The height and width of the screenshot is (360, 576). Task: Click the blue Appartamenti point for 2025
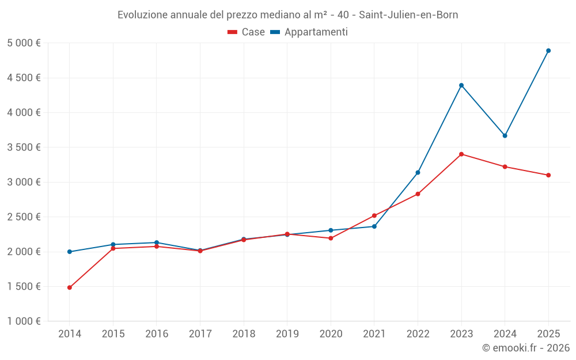tap(548, 51)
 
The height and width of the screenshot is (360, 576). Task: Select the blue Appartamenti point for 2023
tap(461, 85)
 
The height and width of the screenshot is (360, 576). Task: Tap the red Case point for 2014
tap(70, 287)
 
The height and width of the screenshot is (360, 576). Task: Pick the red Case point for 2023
tap(461, 154)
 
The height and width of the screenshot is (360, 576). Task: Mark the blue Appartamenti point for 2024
tap(505, 136)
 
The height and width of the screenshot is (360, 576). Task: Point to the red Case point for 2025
tap(548, 175)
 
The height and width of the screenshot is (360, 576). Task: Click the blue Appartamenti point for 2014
tap(70, 252)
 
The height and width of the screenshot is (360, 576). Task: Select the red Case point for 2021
tap(374, 215)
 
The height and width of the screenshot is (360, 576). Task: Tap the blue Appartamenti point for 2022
tap(418, 172)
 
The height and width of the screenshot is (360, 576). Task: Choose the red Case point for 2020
tap(331, 238)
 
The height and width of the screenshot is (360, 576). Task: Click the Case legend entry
tap(247, 32)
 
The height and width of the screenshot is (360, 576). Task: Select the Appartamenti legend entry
tap(309, 32)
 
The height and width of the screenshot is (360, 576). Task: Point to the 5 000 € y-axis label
tap(24, 43)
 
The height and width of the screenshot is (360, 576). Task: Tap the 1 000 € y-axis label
tap(24, 321)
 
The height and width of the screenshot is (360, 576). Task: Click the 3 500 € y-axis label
tap(24, 147)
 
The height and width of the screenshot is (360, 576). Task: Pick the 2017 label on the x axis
tap(200, 334)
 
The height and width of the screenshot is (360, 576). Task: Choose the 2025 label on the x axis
tap(548, 334)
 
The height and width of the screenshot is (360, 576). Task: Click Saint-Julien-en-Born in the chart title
tap(408, 15)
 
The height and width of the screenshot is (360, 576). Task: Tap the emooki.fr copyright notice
tap(526, 348)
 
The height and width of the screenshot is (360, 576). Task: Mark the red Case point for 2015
tap(113, 248)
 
